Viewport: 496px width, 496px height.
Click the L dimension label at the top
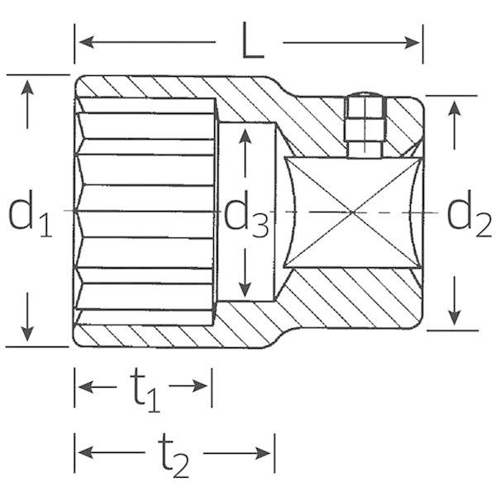click(253, 41)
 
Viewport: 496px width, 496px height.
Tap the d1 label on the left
click(30, 212)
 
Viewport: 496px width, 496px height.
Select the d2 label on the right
click(469, 212)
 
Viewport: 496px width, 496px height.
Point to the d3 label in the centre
click(246, 215)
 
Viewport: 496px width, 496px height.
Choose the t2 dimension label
click(174, 456)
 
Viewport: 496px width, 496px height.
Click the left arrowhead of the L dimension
click(86, 42)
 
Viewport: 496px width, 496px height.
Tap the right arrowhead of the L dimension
click(412, 43)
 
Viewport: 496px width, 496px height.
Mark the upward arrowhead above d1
click(27, 88)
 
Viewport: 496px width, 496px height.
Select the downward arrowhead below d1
click(27, 334)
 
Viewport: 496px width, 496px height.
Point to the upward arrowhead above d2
click(455, 107)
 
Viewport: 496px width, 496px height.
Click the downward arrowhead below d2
click(455, 317)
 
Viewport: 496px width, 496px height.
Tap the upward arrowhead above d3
click(246, 137)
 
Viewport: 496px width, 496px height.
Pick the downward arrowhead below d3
click(246, 289)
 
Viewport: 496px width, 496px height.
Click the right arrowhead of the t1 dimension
click(200, 386)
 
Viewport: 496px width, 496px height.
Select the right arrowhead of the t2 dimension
click(263, 453)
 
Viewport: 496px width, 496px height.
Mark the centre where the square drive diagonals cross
click(353, 212)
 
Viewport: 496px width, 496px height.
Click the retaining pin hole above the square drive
click(365, 126)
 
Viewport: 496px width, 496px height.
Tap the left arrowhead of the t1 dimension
click(86, 387)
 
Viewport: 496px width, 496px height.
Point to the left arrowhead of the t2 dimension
click(86, 452)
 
